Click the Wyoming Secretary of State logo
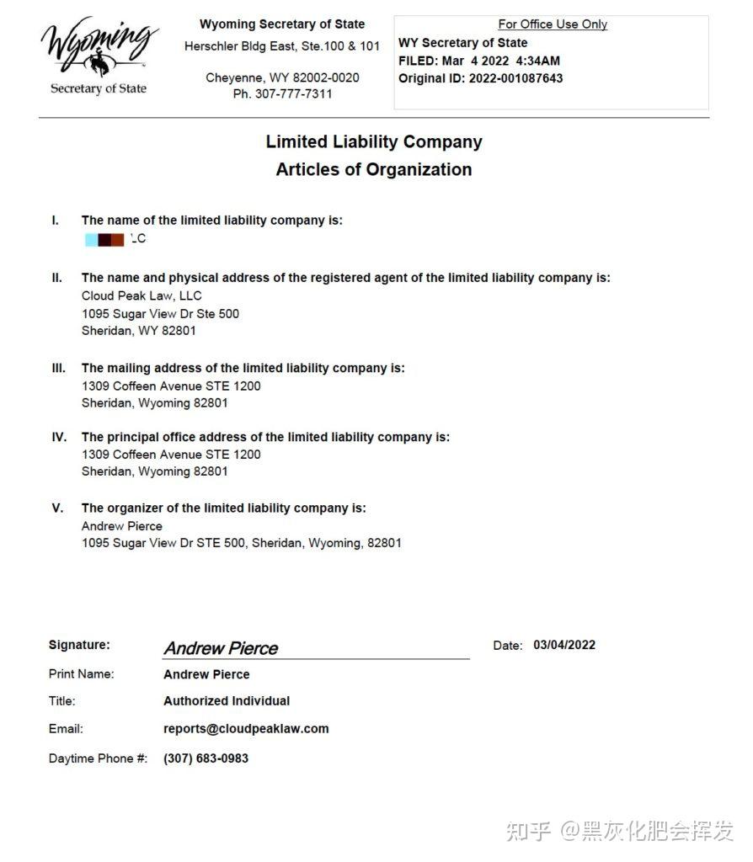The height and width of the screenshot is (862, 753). tap(99, 56)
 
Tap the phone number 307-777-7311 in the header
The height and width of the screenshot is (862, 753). tap(282, 94)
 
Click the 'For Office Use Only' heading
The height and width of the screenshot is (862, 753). tap(553, 24)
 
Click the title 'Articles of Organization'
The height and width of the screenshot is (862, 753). tap(374, 169)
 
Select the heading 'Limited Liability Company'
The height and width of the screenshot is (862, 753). tap(374, 141)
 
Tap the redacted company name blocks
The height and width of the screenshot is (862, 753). tap(105, 239)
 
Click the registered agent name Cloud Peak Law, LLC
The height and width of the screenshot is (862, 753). tap(142, 295)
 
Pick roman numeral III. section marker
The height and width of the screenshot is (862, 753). tap(58, 368)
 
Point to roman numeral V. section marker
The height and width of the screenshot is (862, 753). tap(57, 508)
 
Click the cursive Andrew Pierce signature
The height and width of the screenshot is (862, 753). tap(221, 648)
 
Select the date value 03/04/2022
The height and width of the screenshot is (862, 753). tap(564, 645)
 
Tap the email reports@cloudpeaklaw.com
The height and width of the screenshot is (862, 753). tap(246, 729)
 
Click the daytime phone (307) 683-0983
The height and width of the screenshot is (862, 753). tap(206, 758)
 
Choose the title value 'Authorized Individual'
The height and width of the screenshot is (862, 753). tap(227, 701)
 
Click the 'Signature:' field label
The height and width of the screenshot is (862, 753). tap(79, 645)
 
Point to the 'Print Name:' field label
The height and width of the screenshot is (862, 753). tap(82, 673)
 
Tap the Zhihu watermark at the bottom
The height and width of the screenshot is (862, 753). tap(620, 831)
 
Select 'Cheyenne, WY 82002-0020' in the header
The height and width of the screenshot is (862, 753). tap(282, 77)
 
